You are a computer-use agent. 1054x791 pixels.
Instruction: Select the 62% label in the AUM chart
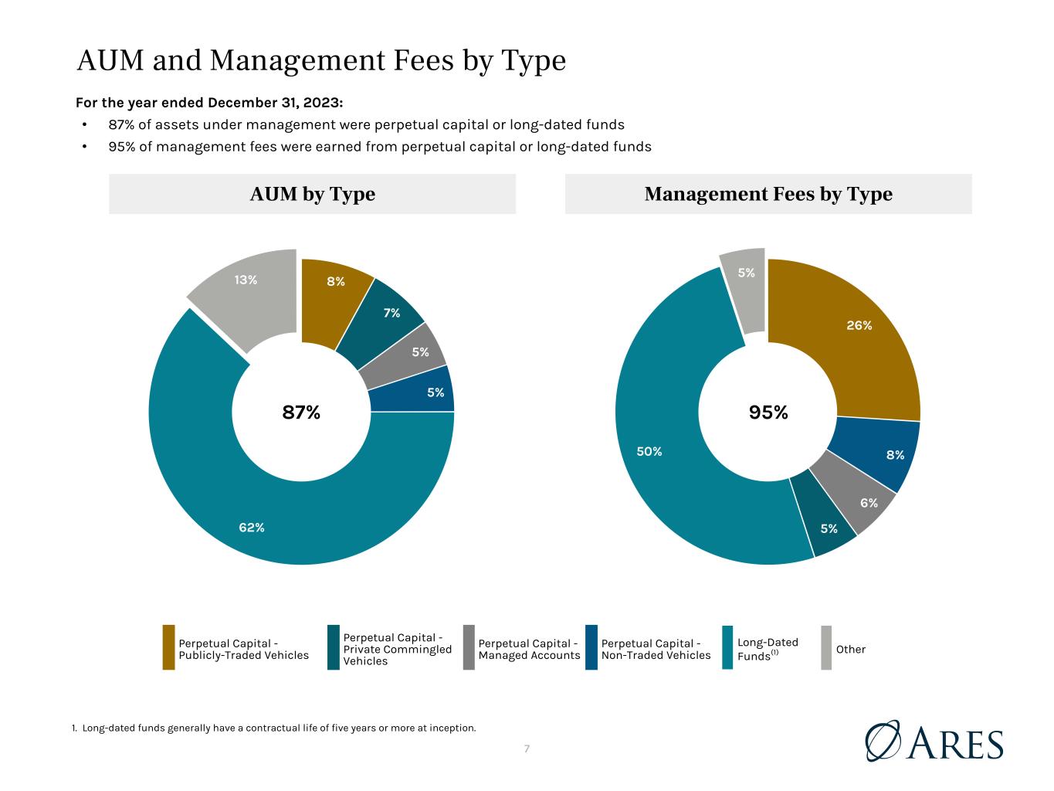(252, 528)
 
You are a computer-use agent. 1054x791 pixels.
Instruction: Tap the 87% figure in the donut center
(301, 412)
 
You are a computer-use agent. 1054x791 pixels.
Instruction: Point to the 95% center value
(768, 412)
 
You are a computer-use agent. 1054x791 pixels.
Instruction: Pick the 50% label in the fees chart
(649, 451)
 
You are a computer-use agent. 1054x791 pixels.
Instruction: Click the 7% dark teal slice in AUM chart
(384, 322)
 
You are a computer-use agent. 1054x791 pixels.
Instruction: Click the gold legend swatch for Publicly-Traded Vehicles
(168, 647)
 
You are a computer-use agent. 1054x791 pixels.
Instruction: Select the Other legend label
(850, 650)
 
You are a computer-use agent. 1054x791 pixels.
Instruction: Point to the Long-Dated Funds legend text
(768, 650)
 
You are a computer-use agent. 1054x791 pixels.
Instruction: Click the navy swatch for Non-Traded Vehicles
(591, 647)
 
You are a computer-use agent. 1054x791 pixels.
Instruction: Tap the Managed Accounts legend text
(529, 650)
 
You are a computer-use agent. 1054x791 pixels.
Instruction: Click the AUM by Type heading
(312, 194)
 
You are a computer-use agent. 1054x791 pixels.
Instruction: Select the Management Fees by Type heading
(768, 194)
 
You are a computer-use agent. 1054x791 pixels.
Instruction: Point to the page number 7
(527, 749)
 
